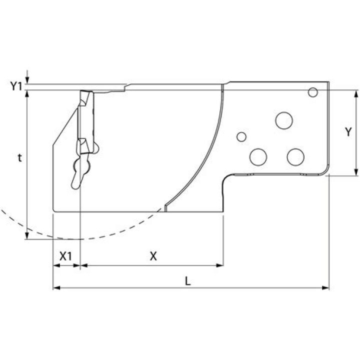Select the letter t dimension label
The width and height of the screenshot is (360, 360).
19,158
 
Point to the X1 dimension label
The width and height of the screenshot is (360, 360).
66,256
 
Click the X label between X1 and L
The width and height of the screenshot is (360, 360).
153,256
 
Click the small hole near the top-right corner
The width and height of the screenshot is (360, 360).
313,92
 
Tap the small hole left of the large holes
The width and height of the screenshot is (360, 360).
242,136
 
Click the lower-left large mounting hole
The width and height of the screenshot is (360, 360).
259,157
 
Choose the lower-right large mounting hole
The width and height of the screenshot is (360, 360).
295,156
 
